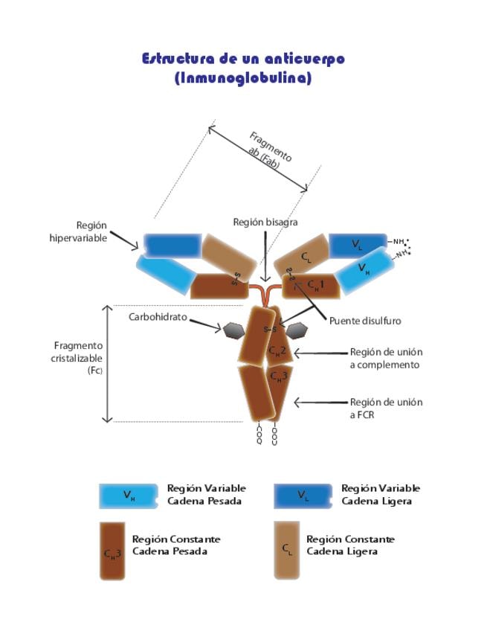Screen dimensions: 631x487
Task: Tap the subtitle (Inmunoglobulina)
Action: coord(243,78)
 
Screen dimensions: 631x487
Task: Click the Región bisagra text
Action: coord(265,222)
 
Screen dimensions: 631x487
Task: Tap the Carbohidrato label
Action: coord(158,317)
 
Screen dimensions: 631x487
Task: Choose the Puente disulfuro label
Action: coord(365,321)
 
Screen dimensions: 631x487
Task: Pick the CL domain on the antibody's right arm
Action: coord(306,257)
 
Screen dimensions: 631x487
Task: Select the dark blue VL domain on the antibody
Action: coord(357,245)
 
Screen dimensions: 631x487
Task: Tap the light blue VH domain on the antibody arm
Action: coord(364,268)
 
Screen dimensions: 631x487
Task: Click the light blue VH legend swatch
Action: coord(129,496)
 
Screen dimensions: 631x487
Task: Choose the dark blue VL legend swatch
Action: coord(303,496)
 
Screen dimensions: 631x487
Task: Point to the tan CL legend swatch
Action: coord(286,550)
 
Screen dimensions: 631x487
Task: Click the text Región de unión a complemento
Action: coord(386,358)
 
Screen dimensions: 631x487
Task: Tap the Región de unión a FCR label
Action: coord(386,408)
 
